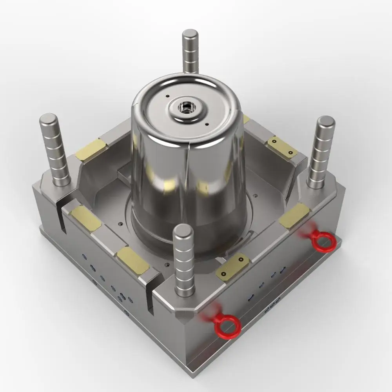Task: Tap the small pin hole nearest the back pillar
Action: point(167,95)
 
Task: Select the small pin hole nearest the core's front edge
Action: point(206,125)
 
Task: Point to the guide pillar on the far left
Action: point(54,149)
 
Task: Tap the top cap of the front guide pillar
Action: point(183,231)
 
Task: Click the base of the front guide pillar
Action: point(184,290)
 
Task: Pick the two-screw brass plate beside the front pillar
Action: point(232,267)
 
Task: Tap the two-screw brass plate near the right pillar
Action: point(282,147)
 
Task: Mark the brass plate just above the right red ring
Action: point(294,215)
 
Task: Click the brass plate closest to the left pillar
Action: point(91,149)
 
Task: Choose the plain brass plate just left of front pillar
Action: point(133,260)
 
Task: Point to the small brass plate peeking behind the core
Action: point(246,119)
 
